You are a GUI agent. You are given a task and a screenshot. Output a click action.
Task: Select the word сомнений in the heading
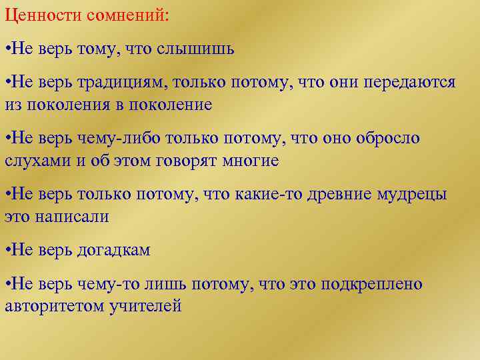point(127,15)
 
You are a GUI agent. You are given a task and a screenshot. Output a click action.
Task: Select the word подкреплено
point(372,285)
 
